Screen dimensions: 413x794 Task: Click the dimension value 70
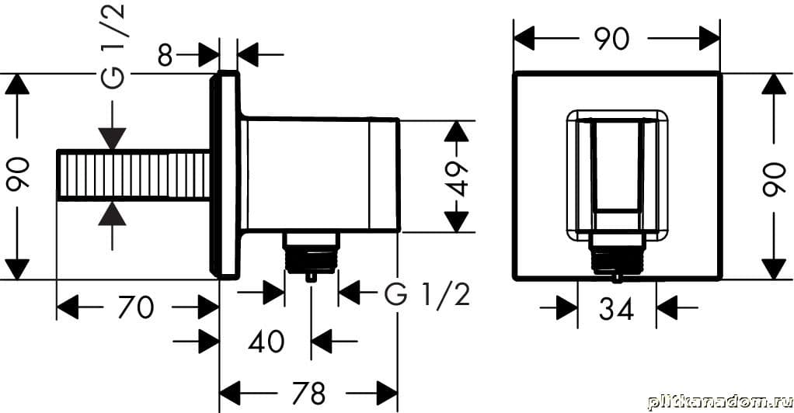(135, 307)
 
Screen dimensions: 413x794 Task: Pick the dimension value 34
(617, 308)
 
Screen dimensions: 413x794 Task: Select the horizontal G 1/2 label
(427, 294)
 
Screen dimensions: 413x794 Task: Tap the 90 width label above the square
(611, 38)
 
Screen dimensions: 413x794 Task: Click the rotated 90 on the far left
(18, 175)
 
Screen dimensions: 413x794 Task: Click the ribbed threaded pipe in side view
(134, 175)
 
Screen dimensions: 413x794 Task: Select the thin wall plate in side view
(226, 175)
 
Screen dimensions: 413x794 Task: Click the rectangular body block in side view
(322, 175)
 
